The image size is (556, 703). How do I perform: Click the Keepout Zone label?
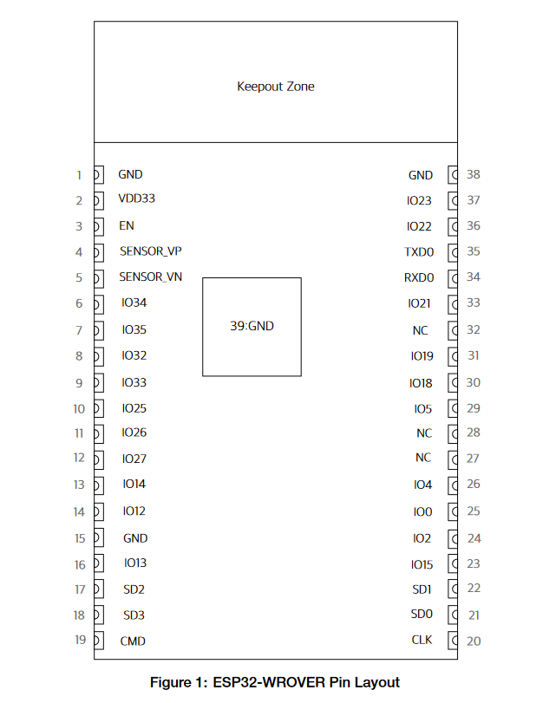[x=276, y=87]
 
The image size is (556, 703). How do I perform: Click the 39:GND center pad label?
[x=252, y=326]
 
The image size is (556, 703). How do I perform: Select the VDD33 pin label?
[x=136, y=199]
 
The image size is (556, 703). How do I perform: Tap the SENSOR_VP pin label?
[x=151, y=251]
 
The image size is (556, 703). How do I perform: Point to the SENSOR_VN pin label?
[x=151, y=277]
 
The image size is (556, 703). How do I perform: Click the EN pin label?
[x=127, y=225]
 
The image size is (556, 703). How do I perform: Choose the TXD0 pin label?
[x=419, y=252]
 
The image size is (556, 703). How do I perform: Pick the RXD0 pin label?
[x=419, y=278]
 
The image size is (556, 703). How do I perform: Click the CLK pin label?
[x=422, y=640]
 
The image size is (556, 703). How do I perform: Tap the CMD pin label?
[x=133, y=641]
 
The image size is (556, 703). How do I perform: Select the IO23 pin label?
[x=419, y=200]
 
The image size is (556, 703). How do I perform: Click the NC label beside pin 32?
[x=421, y=330]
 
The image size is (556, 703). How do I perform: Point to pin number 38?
[x=474, y=174]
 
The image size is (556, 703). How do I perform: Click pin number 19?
[x=81, y=640]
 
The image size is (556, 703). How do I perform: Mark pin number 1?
[x=80, y=175]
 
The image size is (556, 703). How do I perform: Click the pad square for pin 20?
[x=453, y=641]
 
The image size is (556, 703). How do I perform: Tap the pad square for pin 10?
[x=99, y=408]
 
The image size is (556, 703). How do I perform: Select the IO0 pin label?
[x=422, y=511]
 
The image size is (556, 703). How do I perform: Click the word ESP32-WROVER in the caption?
[x=268, y=682]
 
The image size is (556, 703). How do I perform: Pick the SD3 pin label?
[x=134, y=615]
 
